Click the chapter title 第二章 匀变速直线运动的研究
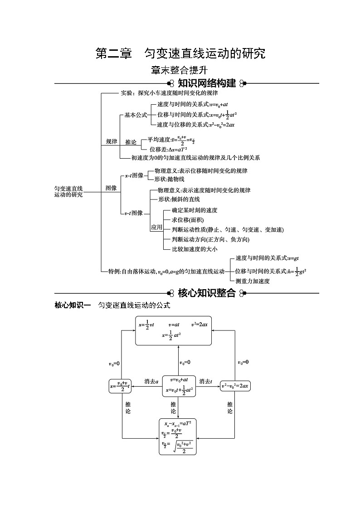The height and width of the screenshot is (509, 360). (x=180, y=53)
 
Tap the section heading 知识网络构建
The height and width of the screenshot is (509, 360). (x=207, y=83)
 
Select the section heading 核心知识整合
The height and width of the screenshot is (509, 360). (x=207, y=293)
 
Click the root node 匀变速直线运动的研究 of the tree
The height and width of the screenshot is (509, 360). (x=68, y=191)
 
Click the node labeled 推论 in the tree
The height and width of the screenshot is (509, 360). (x=131, y=142)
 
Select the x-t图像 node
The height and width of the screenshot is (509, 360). (x=134, y=175)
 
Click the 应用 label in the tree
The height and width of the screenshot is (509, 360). (x=156, y=227)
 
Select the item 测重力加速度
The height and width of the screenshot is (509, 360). (x=253, y=281)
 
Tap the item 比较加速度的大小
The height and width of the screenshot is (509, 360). (x=195, y=249)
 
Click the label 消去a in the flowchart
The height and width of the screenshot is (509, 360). (x=151, y=381)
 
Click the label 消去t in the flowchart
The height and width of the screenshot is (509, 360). (x=206, y=381)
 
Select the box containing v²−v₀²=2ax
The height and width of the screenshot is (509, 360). (x=234, y=386)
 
